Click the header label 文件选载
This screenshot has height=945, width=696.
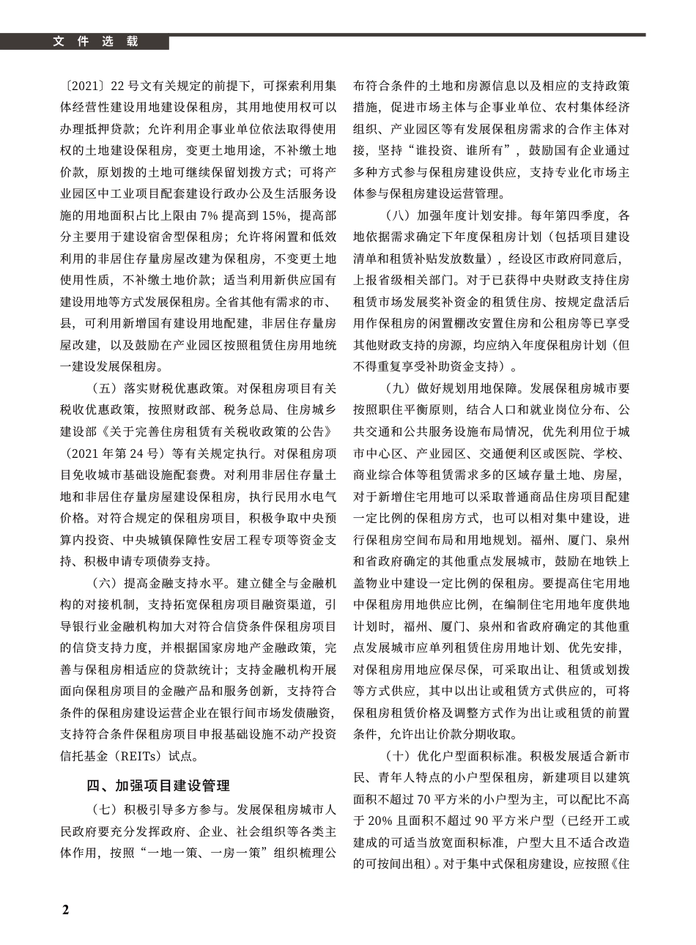(x=95, y=42)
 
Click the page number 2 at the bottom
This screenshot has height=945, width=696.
(x=65, y=910)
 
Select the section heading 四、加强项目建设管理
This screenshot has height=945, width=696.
(x=158, y=786)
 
